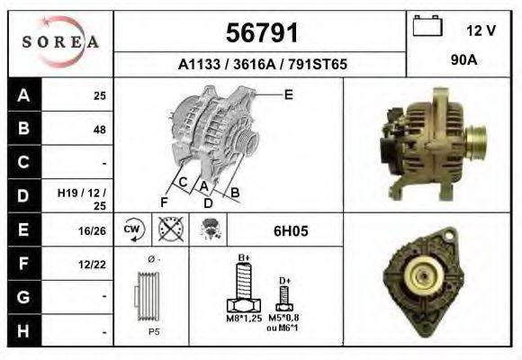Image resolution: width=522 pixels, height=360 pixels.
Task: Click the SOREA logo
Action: (x=61, y=42)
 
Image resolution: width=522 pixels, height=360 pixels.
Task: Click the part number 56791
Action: (x=261, y=34)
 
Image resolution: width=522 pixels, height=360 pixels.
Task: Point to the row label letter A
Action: (x=23, y=94)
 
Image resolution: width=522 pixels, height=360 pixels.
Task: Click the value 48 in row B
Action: (x=99, y=129)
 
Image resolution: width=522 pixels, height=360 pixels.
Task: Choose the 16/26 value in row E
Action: (x=93, y=230)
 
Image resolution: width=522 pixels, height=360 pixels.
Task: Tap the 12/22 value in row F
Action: (x=93, y=265)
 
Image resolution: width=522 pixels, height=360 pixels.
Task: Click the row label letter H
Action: (x=23, y=332)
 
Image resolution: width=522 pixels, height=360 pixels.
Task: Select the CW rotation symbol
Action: (x=131, y=230)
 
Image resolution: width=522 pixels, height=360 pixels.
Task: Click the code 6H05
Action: (x=291, y=230)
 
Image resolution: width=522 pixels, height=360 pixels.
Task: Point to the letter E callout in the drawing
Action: (x=288, y=94)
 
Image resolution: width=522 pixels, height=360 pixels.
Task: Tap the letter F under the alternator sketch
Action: (x=165, y=200)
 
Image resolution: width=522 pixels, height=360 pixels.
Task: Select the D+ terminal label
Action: (x=284, y=281)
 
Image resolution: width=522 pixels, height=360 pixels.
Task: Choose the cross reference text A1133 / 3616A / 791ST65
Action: (x=261, y=65)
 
